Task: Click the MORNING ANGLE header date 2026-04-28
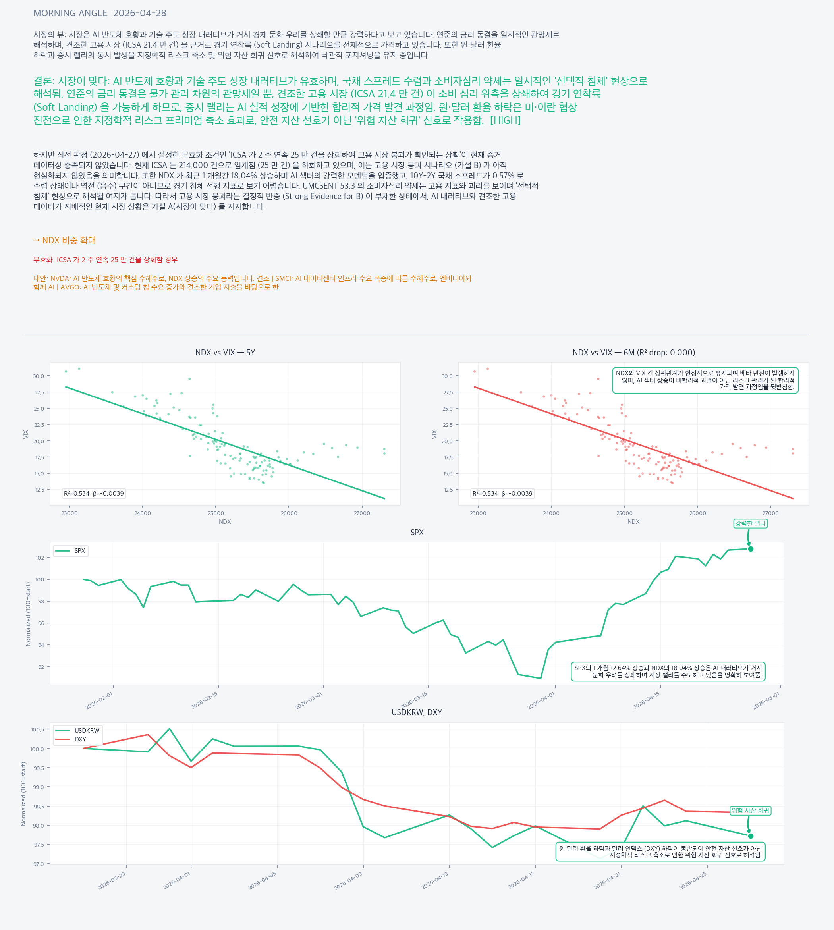click(x=140, y=13)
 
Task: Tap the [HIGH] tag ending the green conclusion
click(x=505, y=120)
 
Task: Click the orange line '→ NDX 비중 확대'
click(x=65, y=240)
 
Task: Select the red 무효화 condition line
click(x=105, y=260)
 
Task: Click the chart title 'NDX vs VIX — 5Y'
click(x=225, y=352)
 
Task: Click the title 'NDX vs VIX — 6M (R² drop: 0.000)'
click(x=633, y=352)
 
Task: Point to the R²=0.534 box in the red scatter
click(x=502, y=494)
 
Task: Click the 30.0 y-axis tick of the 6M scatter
click(x=447, y=376)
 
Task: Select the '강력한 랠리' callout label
click(x=750, y=523)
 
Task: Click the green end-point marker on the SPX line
click(x=751, y=549)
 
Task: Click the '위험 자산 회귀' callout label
click(x=750, y=810)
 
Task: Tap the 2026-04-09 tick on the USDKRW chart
click(x=348, y=880)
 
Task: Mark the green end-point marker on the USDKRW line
click(x=751, y=836)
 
